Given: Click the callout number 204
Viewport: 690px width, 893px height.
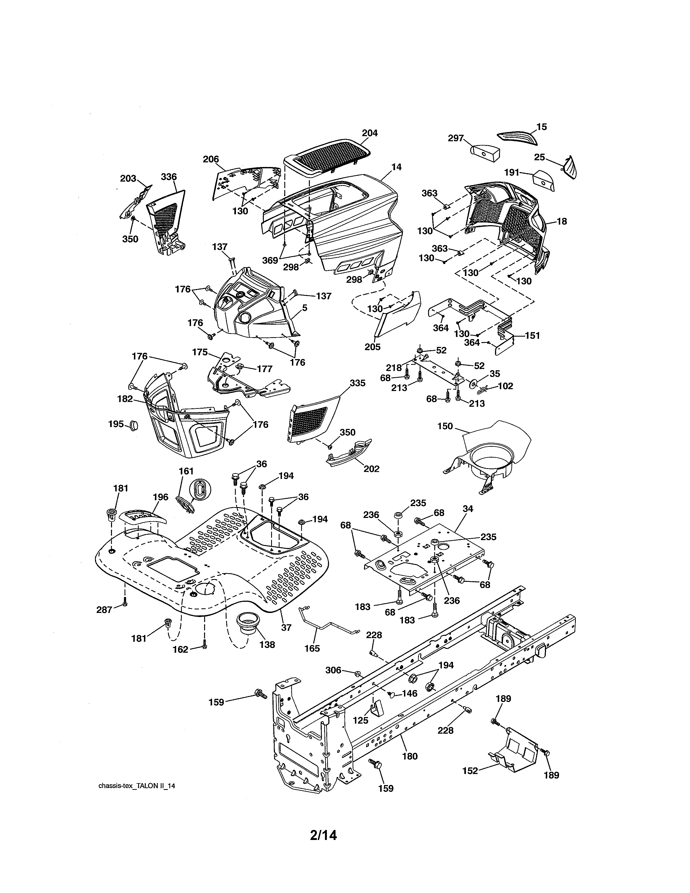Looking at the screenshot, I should point(370,133).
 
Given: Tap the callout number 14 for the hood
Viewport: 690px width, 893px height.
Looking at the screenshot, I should point(396,167).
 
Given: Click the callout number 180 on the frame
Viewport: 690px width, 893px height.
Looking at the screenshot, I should point(410,756).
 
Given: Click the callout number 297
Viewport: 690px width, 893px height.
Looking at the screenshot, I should point(455,138).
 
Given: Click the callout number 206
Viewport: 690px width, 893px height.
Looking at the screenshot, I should point(211,159).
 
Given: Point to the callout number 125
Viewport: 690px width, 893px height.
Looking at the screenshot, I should point(360,720).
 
